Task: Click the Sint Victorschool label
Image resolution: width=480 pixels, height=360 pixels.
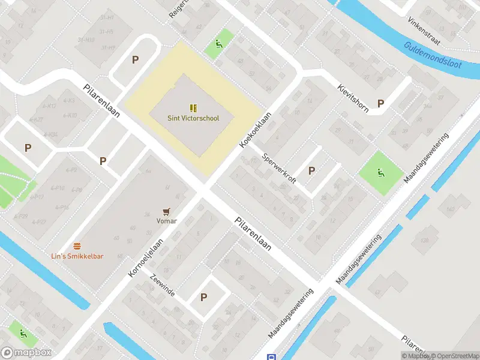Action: (x=193, y=118)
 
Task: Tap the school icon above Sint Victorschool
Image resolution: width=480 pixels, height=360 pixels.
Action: (x=193, y=108)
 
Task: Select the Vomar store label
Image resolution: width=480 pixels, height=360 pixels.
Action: (x=167, y=221)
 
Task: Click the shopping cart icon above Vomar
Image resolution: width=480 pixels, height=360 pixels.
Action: (x=167, y=211)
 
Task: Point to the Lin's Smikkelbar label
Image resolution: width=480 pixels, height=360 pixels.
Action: (x=77, y=256)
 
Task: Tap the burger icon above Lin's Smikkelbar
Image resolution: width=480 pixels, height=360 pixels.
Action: (x=77, y=246)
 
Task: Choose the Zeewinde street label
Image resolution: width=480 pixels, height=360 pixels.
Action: (x=163, y=285)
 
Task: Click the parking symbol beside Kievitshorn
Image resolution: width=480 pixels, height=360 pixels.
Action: (x=380, y=103)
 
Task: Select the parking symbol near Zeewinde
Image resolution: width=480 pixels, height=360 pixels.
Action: (x=203, y=297)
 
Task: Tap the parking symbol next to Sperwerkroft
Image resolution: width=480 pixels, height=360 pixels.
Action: (x=311, y=171)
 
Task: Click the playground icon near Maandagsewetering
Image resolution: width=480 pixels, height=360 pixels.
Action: (x=380, y=173)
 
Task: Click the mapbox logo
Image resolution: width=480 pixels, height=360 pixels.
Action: (x=26, y=353)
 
